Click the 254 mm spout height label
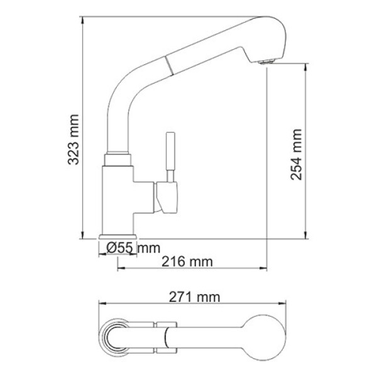click(x=297, y=154)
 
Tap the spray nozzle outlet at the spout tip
click(x=268, y=61)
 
